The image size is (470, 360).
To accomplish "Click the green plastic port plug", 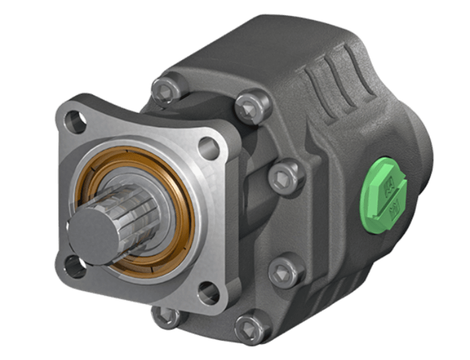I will pos(382,193).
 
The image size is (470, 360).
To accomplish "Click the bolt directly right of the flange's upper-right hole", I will pos(286,175).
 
